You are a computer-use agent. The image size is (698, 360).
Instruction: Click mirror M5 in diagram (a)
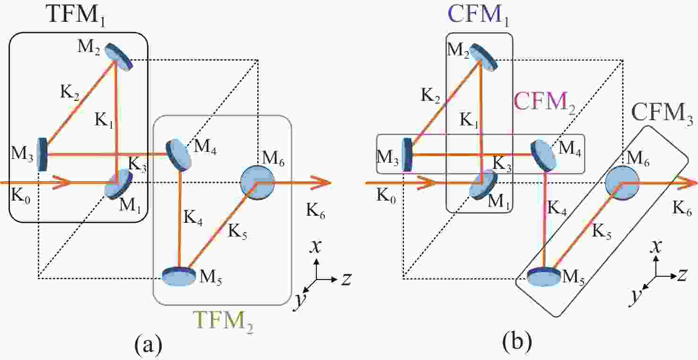(x=179, y=277)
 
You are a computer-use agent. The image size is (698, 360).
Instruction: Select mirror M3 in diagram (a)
(x=42, y=154)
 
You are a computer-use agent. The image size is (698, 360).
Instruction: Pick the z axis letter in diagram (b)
(x=681, y=274)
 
